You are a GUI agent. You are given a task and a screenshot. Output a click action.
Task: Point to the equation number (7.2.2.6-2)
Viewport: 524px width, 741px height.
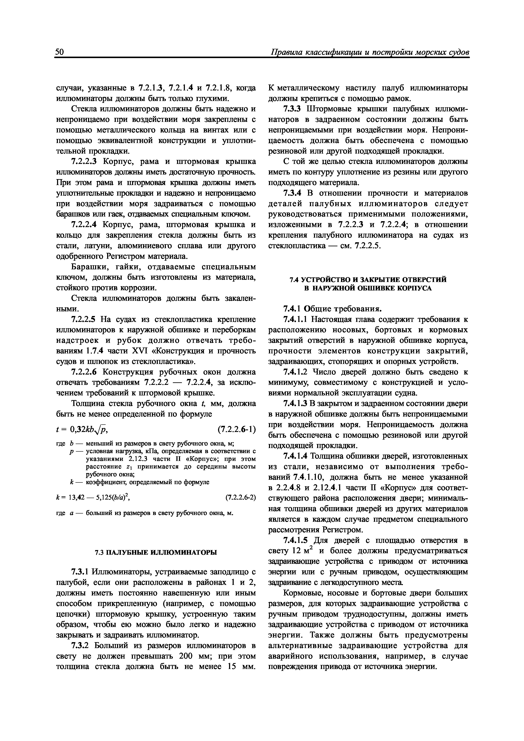coord(240,497)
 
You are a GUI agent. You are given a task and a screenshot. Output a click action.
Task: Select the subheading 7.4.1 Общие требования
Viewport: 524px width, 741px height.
coord(332,309)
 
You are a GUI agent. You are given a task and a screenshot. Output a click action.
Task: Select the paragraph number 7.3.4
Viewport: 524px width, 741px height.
coord(292,193)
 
